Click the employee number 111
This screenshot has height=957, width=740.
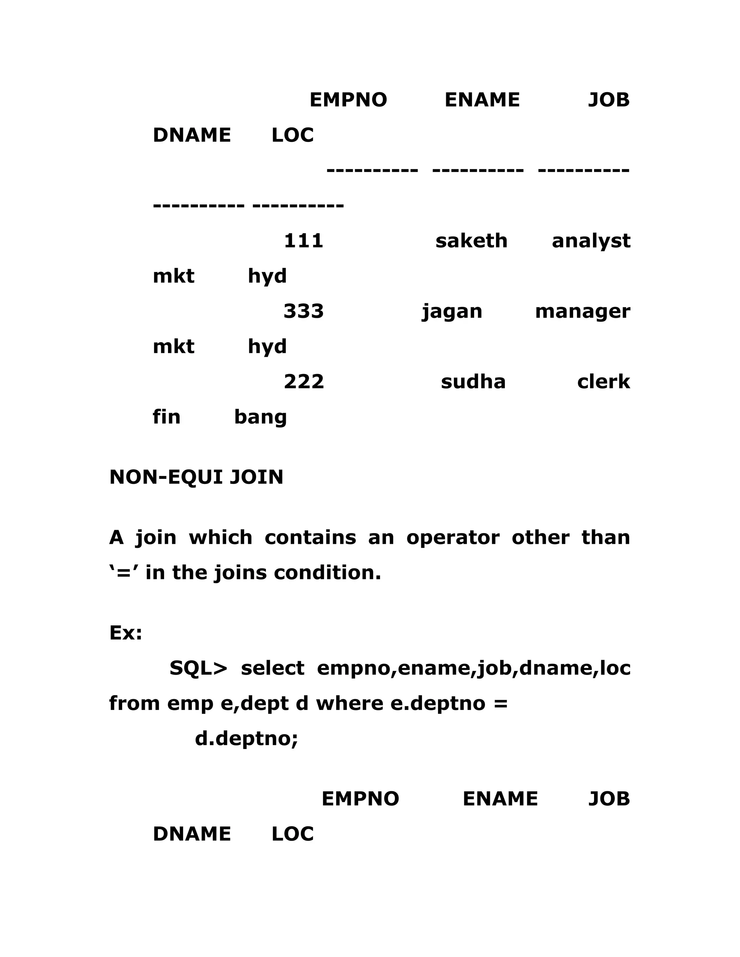pyautogui.click(x=304, y=241)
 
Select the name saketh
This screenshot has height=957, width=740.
pyautogui.click(x=471, y=241)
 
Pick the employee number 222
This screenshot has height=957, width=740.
pyautogui.click(x=304, y=382)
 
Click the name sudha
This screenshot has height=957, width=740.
pyautogui.click(x=473, y=382)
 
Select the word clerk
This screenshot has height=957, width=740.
pyautogui.click(x=603, y=382)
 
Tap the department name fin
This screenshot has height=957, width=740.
pyautogui.click(x=167, y=417)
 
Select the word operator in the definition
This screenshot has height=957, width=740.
pyautogui.click(x=452, y=538)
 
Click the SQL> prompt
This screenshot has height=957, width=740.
pyautogui.click(x=198, y=668)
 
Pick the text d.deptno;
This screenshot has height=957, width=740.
pyautogui.click(x=246, y=739)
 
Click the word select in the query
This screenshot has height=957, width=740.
pyautogui.click(x=272, y=668)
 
